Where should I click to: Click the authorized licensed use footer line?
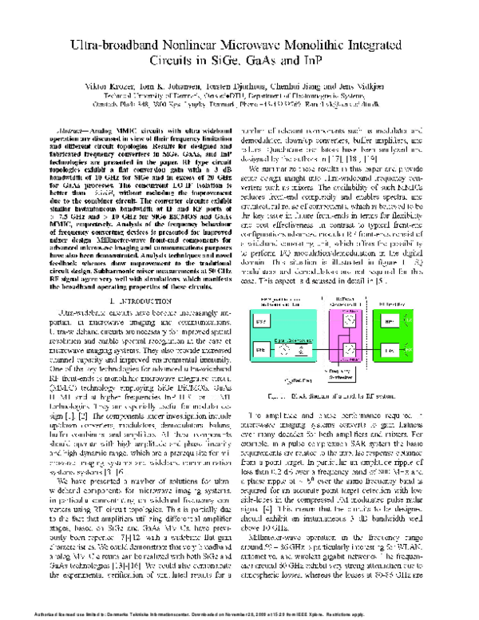[239, 613]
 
